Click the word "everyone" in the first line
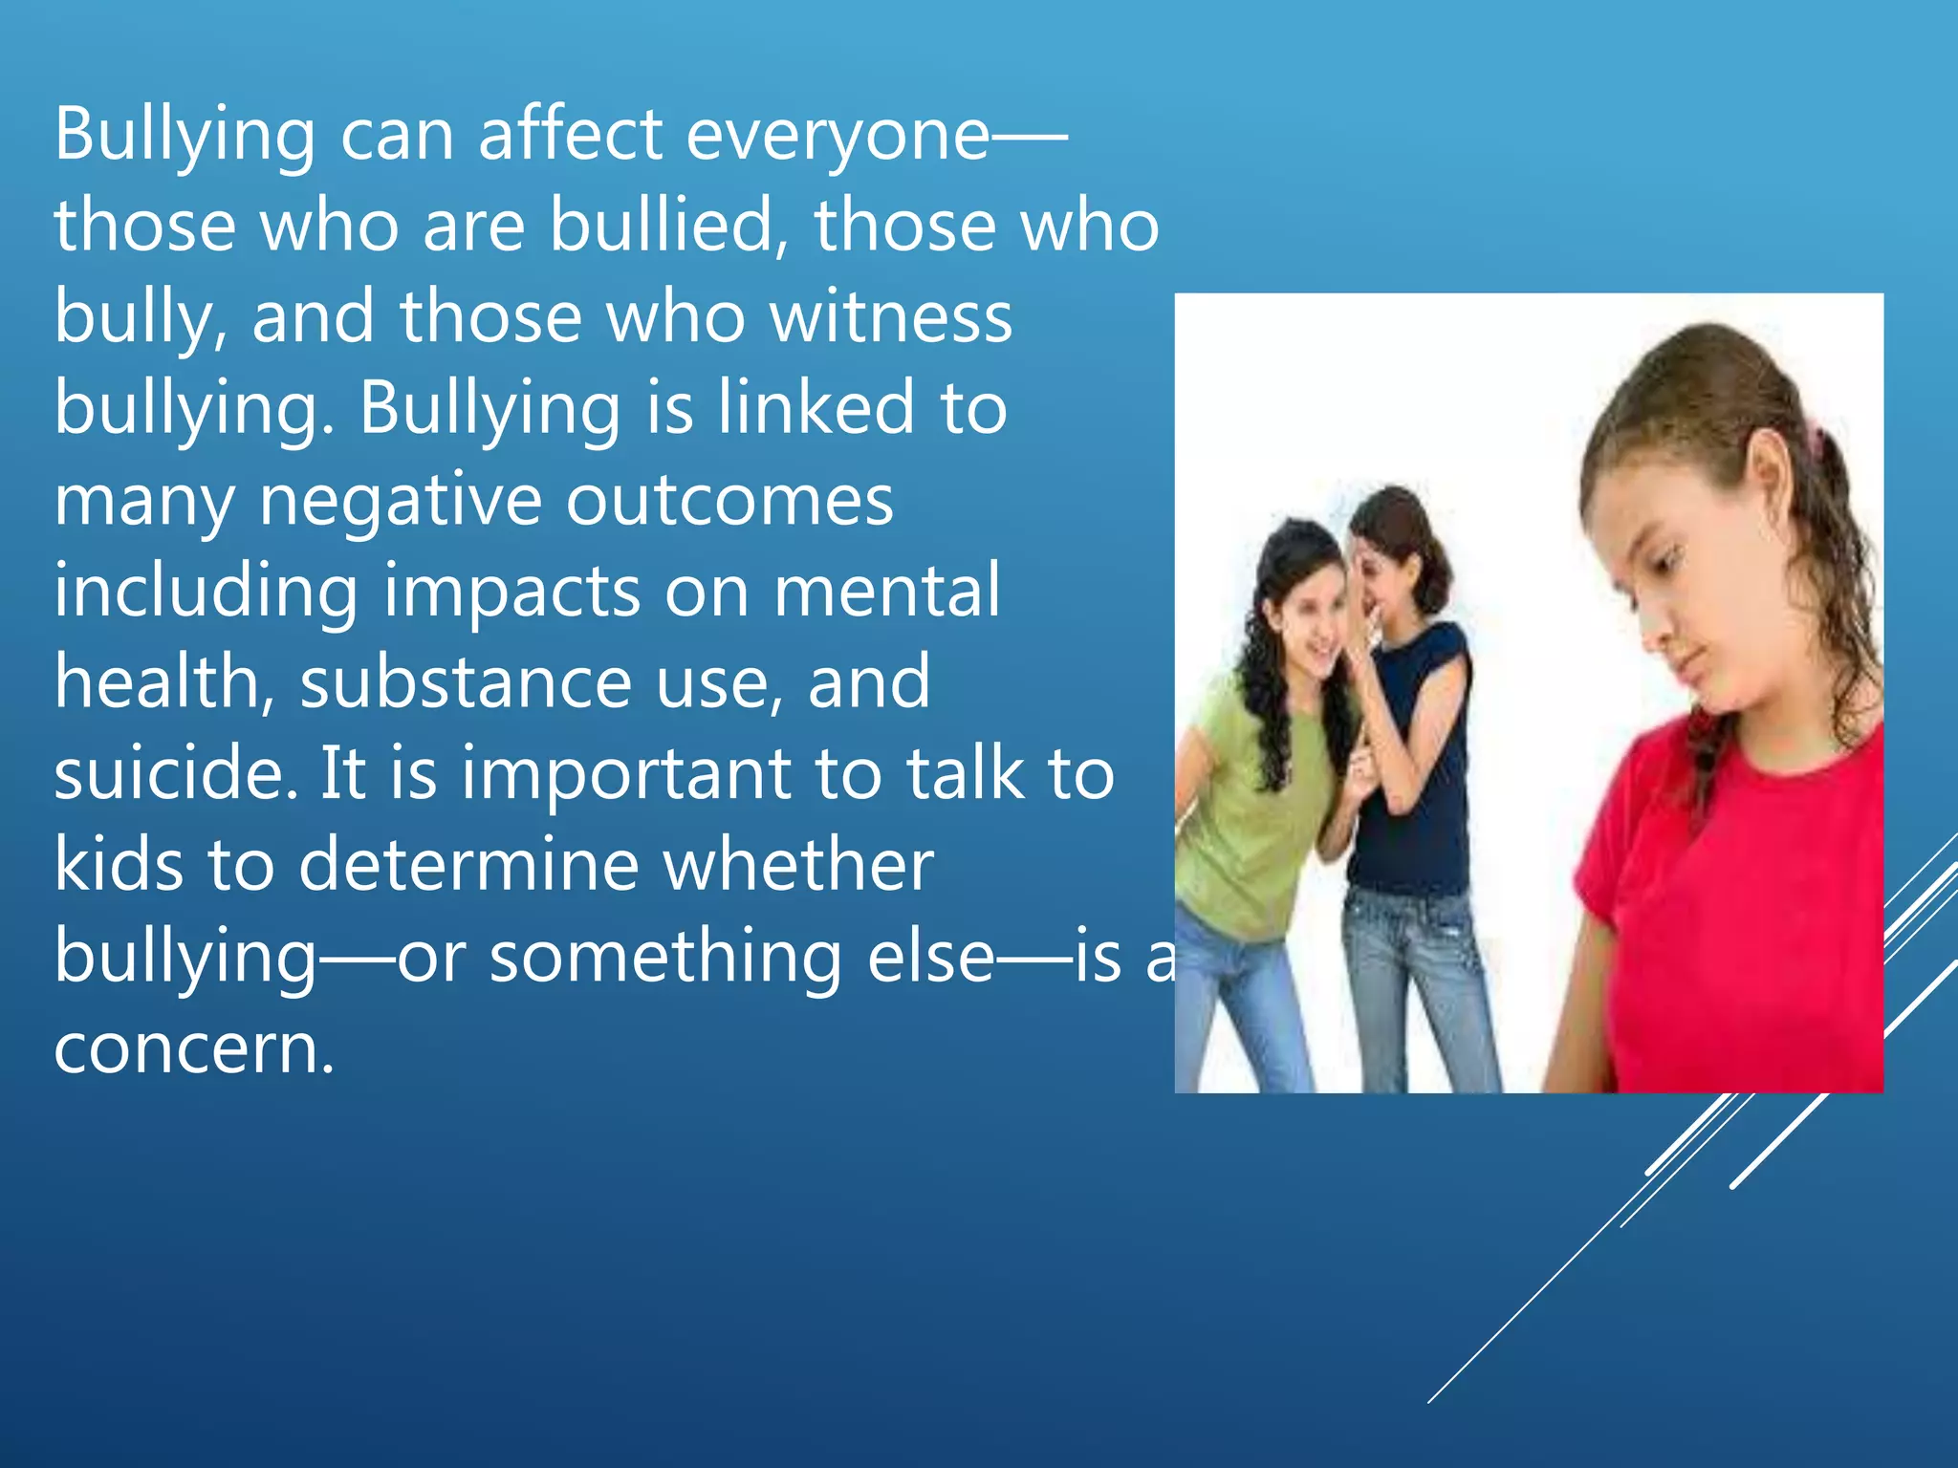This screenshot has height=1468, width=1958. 838,135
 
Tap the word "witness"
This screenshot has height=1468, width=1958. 891,317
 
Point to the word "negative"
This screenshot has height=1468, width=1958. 401,501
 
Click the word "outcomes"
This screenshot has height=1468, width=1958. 729,501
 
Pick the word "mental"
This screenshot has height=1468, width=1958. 886,592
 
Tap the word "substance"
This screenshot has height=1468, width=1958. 466,682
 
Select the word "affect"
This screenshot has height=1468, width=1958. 570,135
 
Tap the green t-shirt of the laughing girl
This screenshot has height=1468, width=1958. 1243,812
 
